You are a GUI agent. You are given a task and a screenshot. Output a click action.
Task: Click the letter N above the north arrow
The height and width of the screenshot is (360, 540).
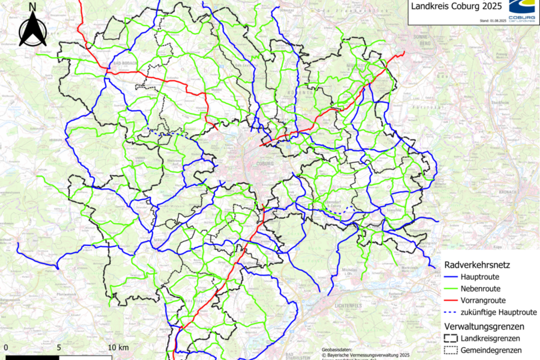tap(33, 7)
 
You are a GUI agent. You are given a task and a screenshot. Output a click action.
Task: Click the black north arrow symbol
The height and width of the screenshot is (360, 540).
tap(33, 30)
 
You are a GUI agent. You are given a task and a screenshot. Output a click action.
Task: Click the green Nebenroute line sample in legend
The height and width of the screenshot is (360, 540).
tap(454, 289)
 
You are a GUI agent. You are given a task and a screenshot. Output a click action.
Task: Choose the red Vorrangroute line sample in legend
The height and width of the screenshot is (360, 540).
tap(454, 301)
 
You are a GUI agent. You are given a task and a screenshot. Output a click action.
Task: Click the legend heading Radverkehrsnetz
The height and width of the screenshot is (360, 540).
tap(477, 265)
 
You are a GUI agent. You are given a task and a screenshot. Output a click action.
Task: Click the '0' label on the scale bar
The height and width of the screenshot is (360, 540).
tap(6, 347)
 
